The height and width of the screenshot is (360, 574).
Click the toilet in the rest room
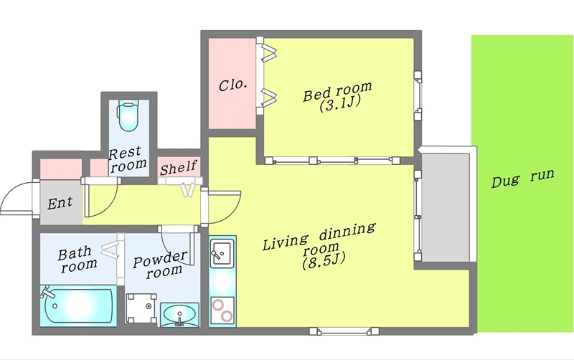coord(128,115)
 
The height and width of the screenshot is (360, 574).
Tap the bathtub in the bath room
coord(78,305)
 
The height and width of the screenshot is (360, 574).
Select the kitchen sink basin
coord(222,253)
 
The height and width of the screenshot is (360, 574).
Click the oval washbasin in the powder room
coord(180,314)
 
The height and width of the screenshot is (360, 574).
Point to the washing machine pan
coord(141,308)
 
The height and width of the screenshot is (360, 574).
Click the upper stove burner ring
coord(219,304)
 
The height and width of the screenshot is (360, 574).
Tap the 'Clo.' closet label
coord(232,85)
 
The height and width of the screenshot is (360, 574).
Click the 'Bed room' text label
coord(337,91)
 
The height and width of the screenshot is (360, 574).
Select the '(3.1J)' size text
coord(340,104)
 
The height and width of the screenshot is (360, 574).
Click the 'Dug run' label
coord(523,178)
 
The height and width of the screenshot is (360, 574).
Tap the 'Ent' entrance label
coord(60,203)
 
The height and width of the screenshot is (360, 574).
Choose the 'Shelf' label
coord(179,168)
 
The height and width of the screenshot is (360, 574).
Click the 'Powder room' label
coord(160,265)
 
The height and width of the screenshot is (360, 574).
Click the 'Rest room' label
coord(128,158)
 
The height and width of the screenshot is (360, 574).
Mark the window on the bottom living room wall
coord(344,331)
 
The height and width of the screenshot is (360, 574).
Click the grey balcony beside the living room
coord(445,207)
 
